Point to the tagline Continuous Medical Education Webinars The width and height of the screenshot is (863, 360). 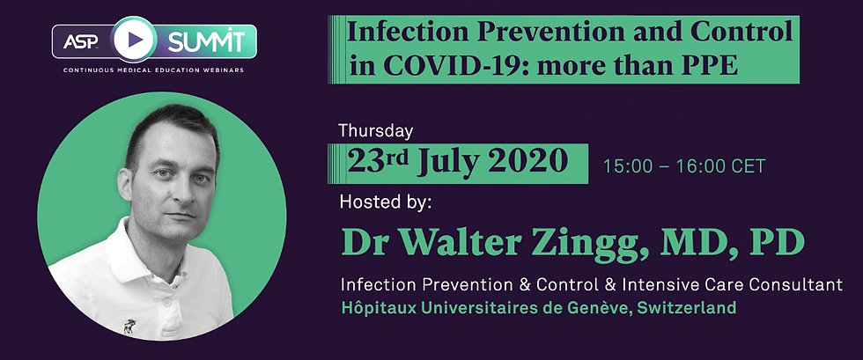point(153,70)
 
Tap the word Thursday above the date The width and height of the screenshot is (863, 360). point(375,131)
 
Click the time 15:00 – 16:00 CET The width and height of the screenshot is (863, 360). point(684,166)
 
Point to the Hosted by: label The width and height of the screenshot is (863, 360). point(386,202)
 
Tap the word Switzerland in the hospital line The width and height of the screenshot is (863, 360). point(686,307)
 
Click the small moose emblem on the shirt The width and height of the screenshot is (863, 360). point(129,327)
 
